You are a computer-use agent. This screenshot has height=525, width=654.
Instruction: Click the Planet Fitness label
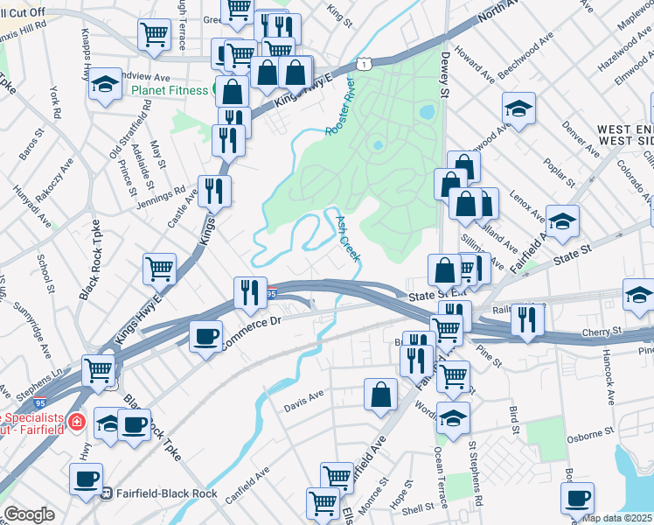point(170,89)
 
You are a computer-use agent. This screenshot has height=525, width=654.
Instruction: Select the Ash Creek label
point(347,236)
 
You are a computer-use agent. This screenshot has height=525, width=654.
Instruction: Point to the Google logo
point(29,514)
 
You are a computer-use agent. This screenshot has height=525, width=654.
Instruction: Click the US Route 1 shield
point(361,64)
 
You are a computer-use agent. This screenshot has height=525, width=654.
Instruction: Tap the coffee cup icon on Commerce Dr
point(206,337)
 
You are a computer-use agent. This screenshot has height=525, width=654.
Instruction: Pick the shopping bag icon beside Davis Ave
point(381,395)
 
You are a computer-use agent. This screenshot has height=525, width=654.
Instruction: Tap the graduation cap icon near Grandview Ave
point(105,85)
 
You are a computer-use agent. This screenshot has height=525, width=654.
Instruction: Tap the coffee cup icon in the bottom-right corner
point(577,498)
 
